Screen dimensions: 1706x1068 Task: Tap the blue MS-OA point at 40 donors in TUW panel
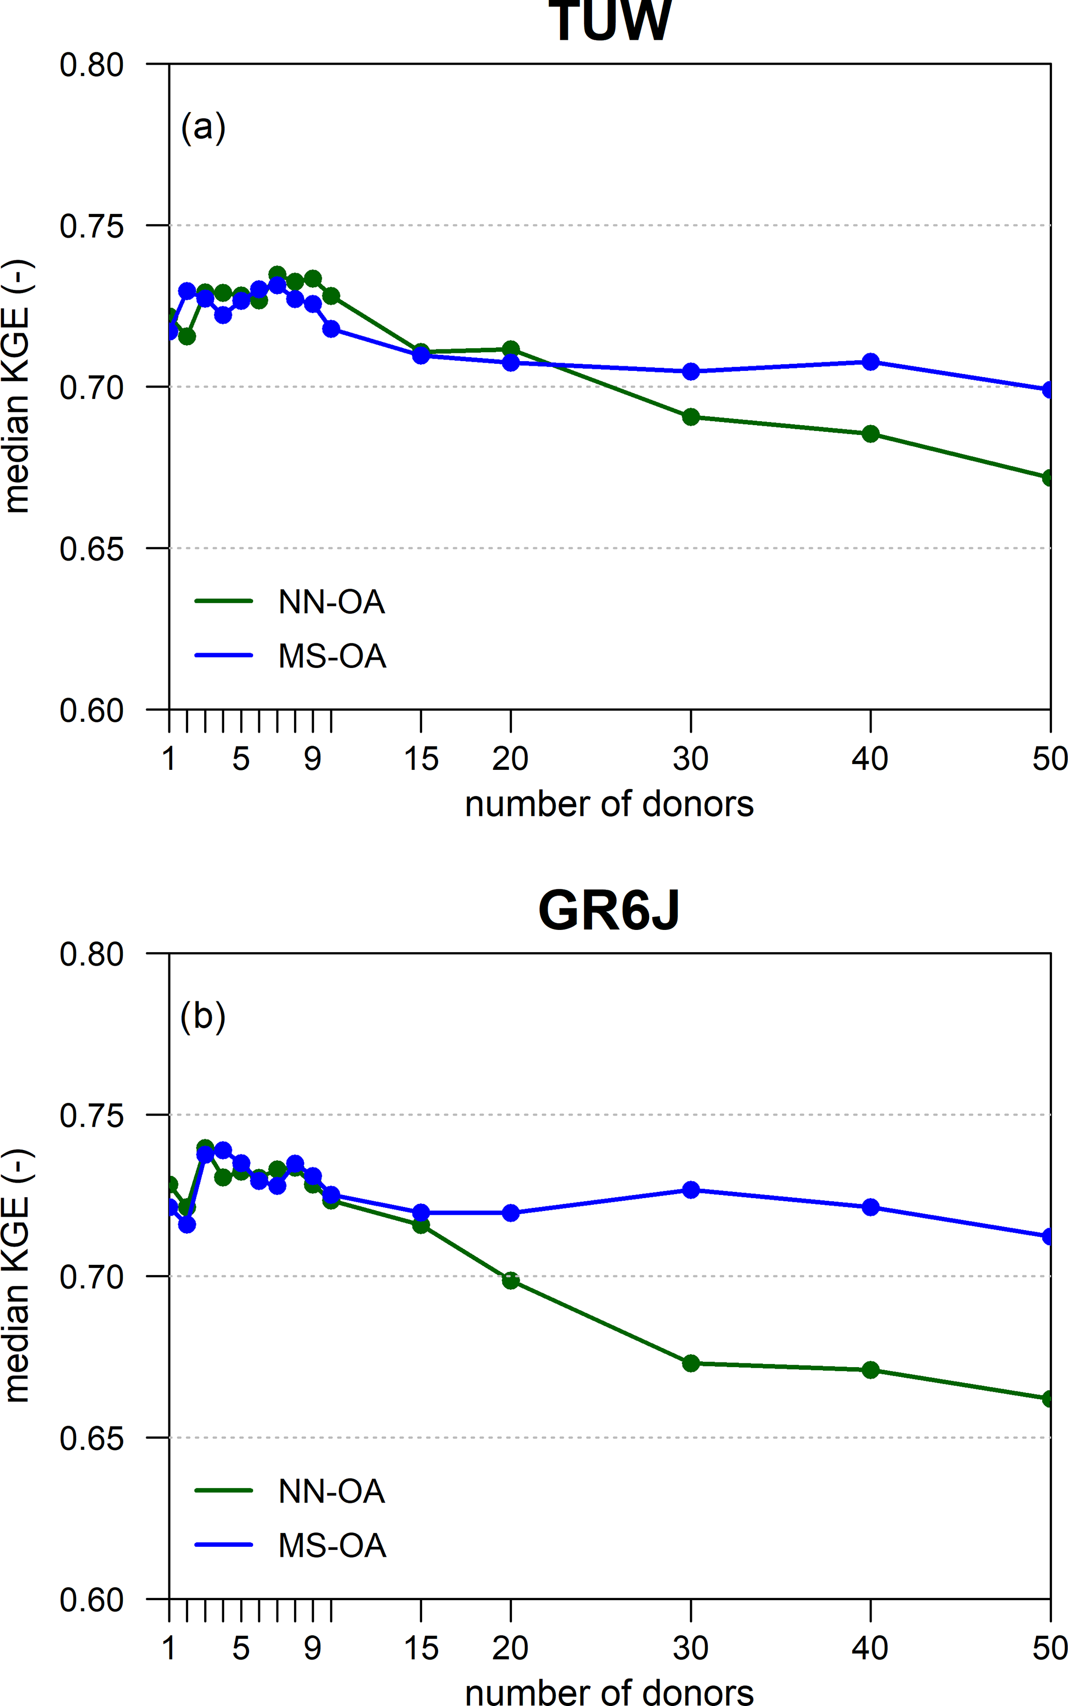[870, 362]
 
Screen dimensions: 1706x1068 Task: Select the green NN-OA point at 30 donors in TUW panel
[691, 417]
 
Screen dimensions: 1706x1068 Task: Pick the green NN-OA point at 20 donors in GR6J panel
[510, 1280]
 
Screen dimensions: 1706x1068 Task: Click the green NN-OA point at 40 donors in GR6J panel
[870, 1370]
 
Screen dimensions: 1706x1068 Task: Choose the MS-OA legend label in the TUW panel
[332, 657]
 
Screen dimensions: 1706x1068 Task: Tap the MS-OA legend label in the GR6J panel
[332, 1546]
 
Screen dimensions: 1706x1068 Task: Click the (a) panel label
[204, 128]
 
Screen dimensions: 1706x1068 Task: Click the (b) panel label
[204, 1017]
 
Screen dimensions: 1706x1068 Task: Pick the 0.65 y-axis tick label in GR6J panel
[92, 1438]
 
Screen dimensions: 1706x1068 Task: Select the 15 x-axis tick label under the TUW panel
[421, 759]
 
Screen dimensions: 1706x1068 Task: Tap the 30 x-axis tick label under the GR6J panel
[690, 1648]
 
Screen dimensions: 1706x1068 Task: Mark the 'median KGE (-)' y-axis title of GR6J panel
[17, 1275]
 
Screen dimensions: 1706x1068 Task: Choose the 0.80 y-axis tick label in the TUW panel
[92, 65]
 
